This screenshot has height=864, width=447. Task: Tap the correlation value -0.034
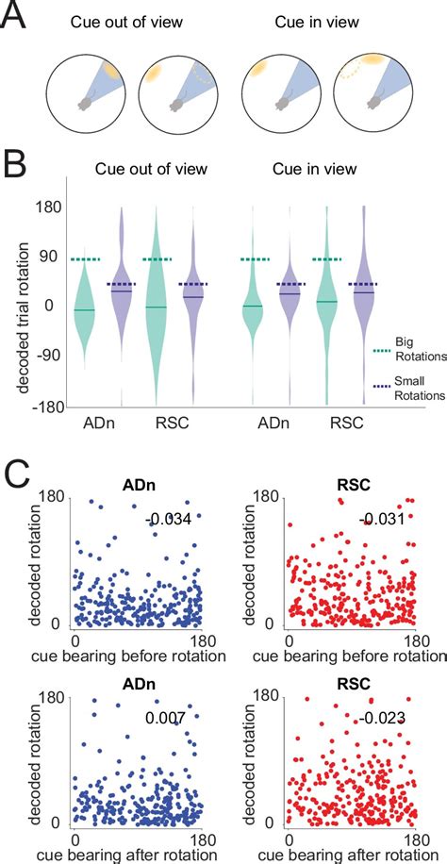pos(167,520)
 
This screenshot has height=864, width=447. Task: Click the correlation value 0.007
pos(167,718)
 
